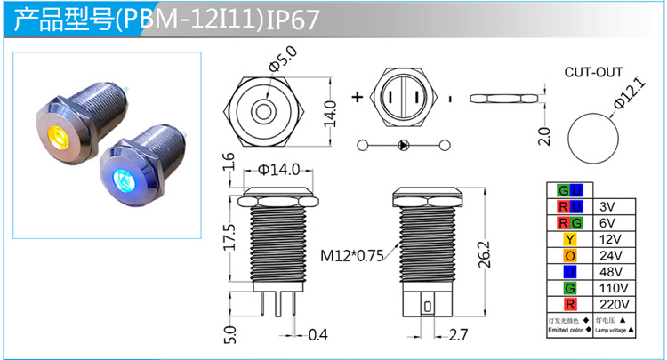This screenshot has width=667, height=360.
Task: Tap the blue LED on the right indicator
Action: [120, 181]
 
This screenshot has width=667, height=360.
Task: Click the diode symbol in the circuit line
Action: [402, 145]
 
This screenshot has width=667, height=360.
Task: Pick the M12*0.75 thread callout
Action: [351, 256]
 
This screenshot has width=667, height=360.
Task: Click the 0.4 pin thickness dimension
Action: [317, 334]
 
